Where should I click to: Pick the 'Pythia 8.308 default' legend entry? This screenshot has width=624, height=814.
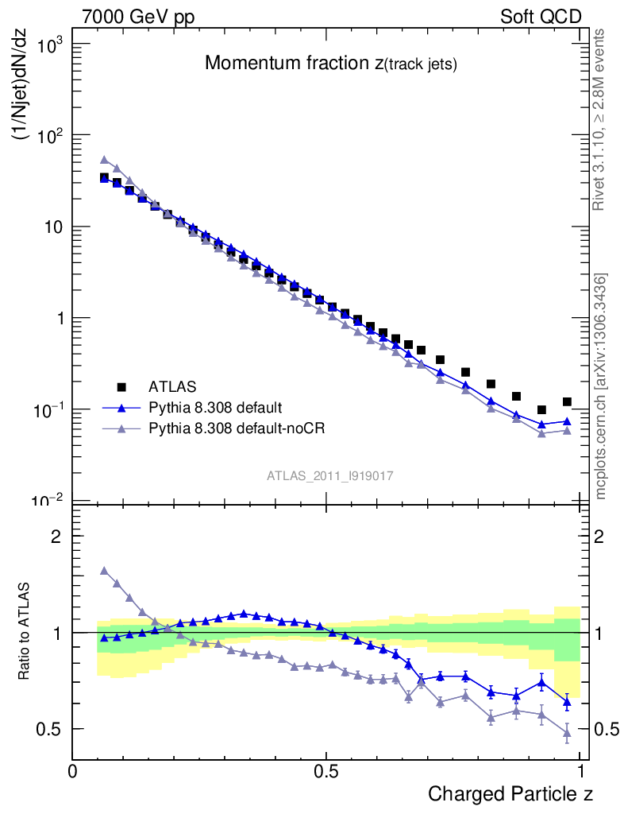coord(214,408)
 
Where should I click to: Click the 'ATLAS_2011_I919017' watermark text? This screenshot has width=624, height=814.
coord(330,475)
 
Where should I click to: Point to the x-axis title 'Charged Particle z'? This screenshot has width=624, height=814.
coord(510,793)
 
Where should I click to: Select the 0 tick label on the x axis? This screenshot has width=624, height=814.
coord(73,771)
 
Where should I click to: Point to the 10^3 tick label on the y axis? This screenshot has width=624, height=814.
coord(48,45)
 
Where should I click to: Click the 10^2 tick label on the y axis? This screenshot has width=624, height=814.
coord(48,136)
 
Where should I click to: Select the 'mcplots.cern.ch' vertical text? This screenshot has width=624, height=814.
coord(601,386)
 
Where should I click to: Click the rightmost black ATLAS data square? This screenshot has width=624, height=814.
coord(567,402)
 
